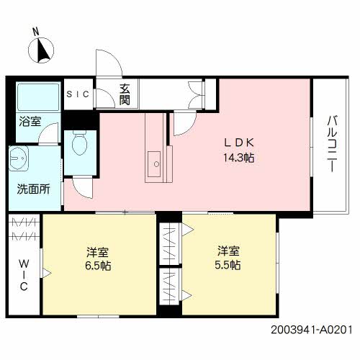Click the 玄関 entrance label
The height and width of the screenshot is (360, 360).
click(x=125, y=94)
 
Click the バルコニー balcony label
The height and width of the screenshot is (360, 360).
click(x=332, y=144)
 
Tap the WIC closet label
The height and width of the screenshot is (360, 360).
click(x=22, y=274)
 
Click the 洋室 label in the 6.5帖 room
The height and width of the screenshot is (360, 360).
click(x=97, y=252)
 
